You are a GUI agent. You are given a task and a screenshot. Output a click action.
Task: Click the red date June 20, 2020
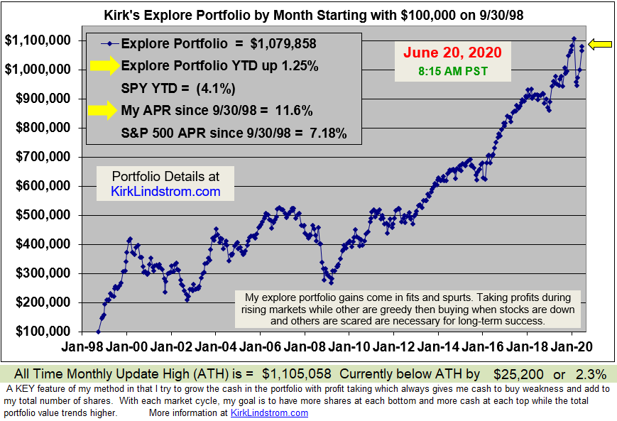click(x=452, y=53)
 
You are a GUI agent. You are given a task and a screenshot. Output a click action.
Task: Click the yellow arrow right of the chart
click(x=601, y=44)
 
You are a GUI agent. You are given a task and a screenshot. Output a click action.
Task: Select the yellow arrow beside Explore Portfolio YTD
click(x=105, y=66)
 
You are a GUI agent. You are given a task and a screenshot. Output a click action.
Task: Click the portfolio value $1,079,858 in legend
click(x=278, y=43)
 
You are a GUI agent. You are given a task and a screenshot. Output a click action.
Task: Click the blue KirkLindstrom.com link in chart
click(x=165, y=192)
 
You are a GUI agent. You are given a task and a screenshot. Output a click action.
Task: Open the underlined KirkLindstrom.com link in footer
click(x=270, y=412)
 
